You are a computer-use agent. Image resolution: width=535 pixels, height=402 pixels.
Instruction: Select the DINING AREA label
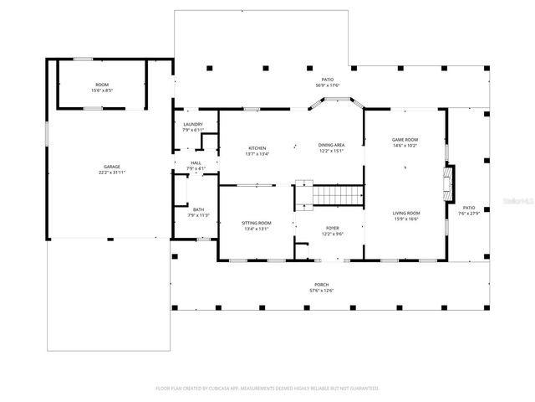click(332, 145)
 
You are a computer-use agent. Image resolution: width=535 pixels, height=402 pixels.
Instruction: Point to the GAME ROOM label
click(405, 139)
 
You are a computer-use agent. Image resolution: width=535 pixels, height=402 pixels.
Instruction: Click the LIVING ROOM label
click(406, 214)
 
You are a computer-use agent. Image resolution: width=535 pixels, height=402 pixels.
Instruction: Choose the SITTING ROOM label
click(257, 223)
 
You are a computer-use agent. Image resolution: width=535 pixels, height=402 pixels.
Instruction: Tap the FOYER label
click(333, 228)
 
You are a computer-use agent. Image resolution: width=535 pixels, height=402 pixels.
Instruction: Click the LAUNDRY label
click(193, 125)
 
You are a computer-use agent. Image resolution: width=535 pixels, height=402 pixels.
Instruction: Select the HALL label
click(196, 163)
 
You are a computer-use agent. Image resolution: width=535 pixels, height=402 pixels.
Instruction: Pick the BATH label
click(198, 209)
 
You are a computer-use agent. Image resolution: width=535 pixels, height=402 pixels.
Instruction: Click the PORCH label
click(322, 285)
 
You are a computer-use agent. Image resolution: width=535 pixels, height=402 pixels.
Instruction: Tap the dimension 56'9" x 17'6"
click(328, 85)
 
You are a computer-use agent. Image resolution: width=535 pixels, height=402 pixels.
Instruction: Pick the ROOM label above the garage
click(102, 85)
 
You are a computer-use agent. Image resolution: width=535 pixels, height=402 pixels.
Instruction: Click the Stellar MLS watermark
click(515, 202)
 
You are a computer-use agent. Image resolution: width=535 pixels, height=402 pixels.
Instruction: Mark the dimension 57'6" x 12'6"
click(322, 291)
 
